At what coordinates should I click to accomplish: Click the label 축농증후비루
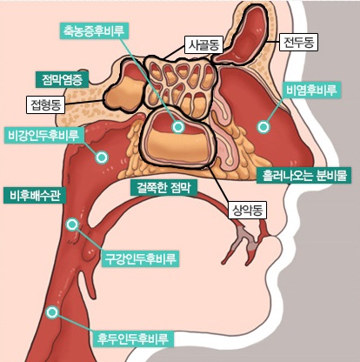tap(94, 30)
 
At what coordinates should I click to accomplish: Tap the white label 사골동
tap(203, 45)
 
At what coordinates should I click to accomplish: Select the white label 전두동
tap(298, 43)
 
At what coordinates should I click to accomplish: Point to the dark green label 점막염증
tap(62, 80)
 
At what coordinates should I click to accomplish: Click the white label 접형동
tap(45, 104)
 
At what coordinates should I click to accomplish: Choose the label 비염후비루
tap(311, 90)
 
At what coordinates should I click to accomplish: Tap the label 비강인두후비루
tap(43, 135)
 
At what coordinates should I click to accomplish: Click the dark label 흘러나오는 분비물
tap(303, 175)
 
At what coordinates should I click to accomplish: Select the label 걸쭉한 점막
tap(163, 187)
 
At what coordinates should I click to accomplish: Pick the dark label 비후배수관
tap(36, 195)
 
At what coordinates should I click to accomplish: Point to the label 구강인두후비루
tap(140, 258)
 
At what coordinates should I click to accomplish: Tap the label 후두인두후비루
tap(133, 339)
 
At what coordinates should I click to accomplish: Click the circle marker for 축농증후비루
tap(178, 127)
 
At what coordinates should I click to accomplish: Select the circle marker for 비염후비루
tap(263, 127)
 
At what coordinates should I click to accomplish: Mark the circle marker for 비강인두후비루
tap(102, 158)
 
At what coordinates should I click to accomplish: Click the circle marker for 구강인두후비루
tap(72, 225)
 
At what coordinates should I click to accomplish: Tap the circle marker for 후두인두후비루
tap(52, 312)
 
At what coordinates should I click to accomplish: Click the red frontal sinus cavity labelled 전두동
tap(242, 37)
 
